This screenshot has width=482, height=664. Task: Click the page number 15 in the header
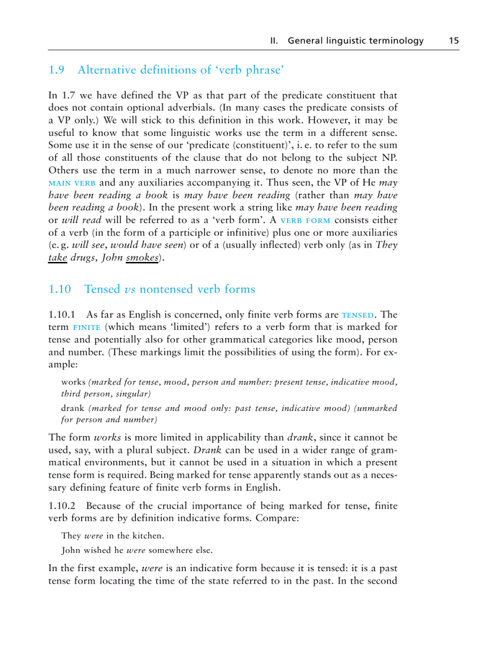pyautogui.click(x=453, y=41)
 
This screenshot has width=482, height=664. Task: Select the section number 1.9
pyautogui.click(x=56, y=70)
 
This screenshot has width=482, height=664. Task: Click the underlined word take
pyautogui.click(x=57, y=258)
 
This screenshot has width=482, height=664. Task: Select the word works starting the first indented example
pyautogui.click(x=73, y=383)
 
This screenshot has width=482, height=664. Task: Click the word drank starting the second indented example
pyautogui.click(x=73, y=408)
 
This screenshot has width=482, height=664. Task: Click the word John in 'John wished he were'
pyautogui.click(x=71, y=549)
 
